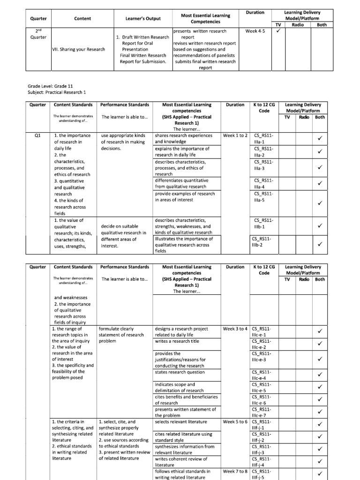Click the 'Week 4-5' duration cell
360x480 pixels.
(x=255, y=31)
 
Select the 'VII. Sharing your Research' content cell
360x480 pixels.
(x=78, y=49)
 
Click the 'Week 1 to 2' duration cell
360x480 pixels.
(x=235, y=135)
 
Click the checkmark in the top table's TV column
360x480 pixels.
(x=278, y=31)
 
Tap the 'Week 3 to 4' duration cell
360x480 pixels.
(x=235, y=329)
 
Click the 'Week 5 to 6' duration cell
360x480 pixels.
(x=235, y=422)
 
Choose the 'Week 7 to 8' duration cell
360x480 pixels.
(x=235, y=471)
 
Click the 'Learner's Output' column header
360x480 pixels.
(x=143, y=19)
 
